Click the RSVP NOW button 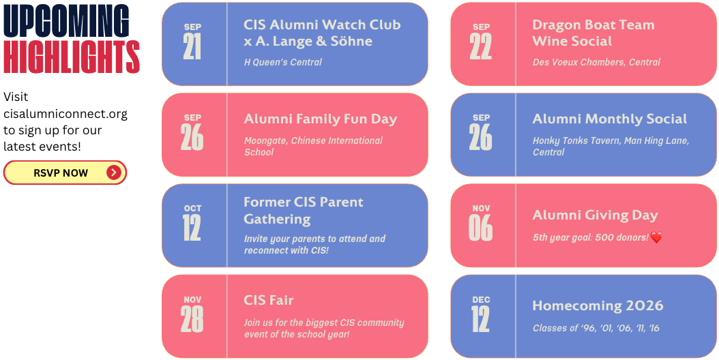[x=65, y=172]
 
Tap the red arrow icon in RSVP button [x=114, y=172]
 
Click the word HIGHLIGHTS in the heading [x=72, y=57]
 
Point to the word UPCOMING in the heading [x=66, y=20]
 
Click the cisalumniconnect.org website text [x=65, y=113]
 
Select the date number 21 [x=192, y=46]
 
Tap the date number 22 [x=480, y=46]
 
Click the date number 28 [x=192, y=319]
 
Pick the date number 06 [x=480, y=228]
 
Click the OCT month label [x=192, y=208]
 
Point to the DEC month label [x=481, y=299]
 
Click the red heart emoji [x=656, y=237]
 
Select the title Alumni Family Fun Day [x=321, y=119]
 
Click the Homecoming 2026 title [x=598, y=306]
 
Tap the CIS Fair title [x=269, y=301]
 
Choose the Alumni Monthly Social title [x=610, y=119]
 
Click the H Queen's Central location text [x=283, y=62]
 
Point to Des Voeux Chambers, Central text [x=597, y=62]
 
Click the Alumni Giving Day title [x=596, y=215]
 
